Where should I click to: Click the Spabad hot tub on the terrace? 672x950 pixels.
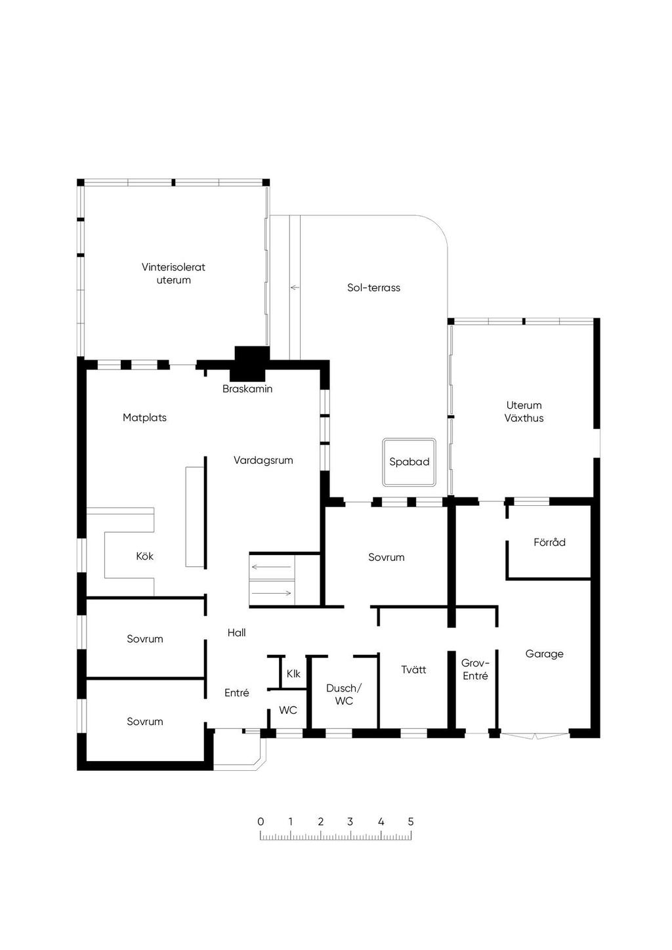point(409,463)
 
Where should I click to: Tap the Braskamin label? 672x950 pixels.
point(247,389)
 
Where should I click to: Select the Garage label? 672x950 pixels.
point(544,654)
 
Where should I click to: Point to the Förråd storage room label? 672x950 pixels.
point(549,542)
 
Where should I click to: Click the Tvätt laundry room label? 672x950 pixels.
point(413,670)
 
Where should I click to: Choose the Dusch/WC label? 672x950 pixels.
point(344,694)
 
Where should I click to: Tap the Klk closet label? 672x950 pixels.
point(293,674)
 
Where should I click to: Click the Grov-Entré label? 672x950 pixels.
point(475,670)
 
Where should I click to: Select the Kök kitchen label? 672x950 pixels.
point(144,556)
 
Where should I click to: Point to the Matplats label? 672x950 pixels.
point(144,418)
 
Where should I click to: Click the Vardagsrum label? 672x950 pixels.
point(263,460)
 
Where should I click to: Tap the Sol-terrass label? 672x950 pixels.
point(374,287)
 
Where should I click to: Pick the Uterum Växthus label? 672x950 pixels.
point(524,411)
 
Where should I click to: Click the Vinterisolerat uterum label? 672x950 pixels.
point(173,274)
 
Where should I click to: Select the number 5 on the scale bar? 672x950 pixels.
point(411,821)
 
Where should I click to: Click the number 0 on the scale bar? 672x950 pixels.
point(261,821)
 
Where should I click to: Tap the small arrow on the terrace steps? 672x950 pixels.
point(295,287)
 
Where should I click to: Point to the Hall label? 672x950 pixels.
point(237,632)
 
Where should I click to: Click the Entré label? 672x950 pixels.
point(237,693)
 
